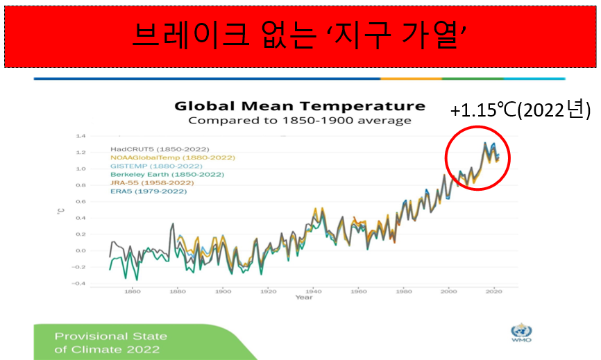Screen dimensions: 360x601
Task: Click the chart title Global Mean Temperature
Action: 299,106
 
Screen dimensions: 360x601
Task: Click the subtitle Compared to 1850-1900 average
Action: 299,120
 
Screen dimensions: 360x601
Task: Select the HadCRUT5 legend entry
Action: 160,148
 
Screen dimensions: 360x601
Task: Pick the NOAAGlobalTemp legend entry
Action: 173,157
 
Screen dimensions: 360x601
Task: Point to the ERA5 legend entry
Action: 149,191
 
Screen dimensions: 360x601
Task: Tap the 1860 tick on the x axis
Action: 133,291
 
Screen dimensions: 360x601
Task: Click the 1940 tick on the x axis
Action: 313,291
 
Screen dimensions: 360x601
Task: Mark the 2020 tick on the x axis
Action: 493,291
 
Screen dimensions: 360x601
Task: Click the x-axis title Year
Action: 303,298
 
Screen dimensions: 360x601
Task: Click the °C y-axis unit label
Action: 60,209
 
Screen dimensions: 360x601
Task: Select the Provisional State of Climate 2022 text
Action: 110,342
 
